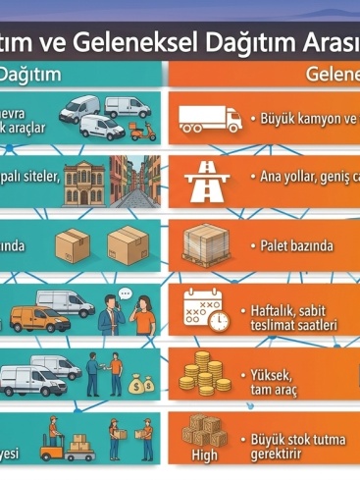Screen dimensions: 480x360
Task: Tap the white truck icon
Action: (209, 119)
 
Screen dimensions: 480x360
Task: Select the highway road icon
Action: (207, 179)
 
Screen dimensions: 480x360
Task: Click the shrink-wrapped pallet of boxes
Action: (207, 244)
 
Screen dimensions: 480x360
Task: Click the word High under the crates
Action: (204, 455)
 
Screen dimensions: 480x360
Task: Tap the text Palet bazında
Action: (297, 245)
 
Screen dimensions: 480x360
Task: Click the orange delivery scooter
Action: (143, 130)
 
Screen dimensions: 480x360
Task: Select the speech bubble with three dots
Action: (125, 293)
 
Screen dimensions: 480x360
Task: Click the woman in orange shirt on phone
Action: (143, 317)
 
